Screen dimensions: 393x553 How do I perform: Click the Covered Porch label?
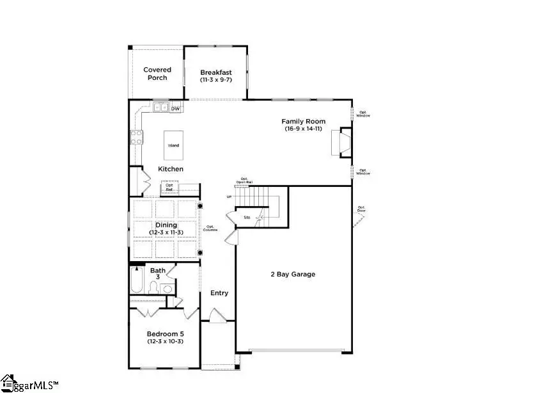click(156, 74)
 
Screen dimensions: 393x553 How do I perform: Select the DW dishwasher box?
click(175, 108)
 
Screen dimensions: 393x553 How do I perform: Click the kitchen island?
click(173, 141)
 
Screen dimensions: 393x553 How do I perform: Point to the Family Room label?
click(304, 121)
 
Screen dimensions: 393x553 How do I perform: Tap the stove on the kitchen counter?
click(136, 136)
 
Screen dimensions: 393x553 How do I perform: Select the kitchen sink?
click(160, 108)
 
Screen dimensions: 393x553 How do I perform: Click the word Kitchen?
click(171, 169)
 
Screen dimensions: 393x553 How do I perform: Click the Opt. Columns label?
click(211, 228)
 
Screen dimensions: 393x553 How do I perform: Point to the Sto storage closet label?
click(247, 218)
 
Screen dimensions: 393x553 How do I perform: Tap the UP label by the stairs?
click(229, 196)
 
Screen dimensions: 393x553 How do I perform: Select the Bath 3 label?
click(157, 274)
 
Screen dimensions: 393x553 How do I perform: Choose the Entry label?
click(219, 293)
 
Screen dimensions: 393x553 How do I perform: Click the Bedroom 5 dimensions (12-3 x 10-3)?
click(166, 342)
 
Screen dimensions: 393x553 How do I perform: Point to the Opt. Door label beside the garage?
click(361, 209)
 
